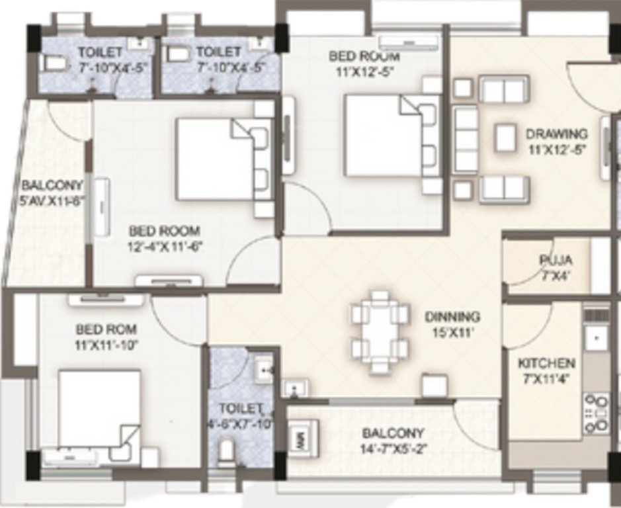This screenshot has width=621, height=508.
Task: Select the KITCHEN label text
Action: pos(546,363)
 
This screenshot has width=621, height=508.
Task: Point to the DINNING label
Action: pos(452,316)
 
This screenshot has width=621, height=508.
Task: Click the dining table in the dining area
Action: pos(380,331)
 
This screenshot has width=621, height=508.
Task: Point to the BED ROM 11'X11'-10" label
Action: pos(106,329)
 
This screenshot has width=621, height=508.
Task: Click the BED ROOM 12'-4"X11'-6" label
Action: pos(164,232)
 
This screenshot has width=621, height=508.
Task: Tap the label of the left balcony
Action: pos(52,186)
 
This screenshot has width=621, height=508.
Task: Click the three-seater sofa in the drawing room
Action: pos(467,139)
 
